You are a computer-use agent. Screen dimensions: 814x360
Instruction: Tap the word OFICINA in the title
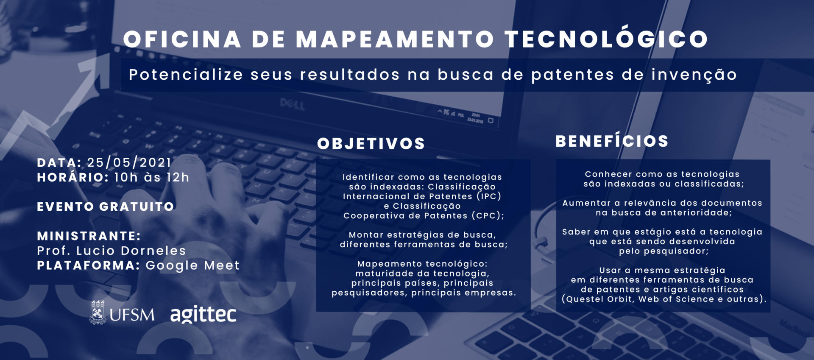(182, 39)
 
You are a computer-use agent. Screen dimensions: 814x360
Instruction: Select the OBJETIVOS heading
(371, 144)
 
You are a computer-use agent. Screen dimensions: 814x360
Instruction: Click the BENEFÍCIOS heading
(612, 141)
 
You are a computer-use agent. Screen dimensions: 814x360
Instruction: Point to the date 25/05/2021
(129, 162)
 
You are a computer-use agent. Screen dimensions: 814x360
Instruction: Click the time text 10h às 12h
(152, 177)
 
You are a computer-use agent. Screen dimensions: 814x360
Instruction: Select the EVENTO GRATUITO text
(106, 207)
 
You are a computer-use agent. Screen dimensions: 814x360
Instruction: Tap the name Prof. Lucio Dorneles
(112, 251)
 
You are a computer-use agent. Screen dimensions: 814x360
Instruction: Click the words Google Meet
(192, 265)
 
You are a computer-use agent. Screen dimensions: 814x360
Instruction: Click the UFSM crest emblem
(98, 313)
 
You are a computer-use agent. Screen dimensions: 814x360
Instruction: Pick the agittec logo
(203, 314)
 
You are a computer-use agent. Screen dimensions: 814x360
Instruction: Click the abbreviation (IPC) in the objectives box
(489, 196)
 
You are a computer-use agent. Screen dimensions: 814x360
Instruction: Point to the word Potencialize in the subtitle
(186, 75)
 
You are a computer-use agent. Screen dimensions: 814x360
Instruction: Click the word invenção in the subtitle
(694, 75)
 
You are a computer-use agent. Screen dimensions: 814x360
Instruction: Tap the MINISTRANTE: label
(89, 236)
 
